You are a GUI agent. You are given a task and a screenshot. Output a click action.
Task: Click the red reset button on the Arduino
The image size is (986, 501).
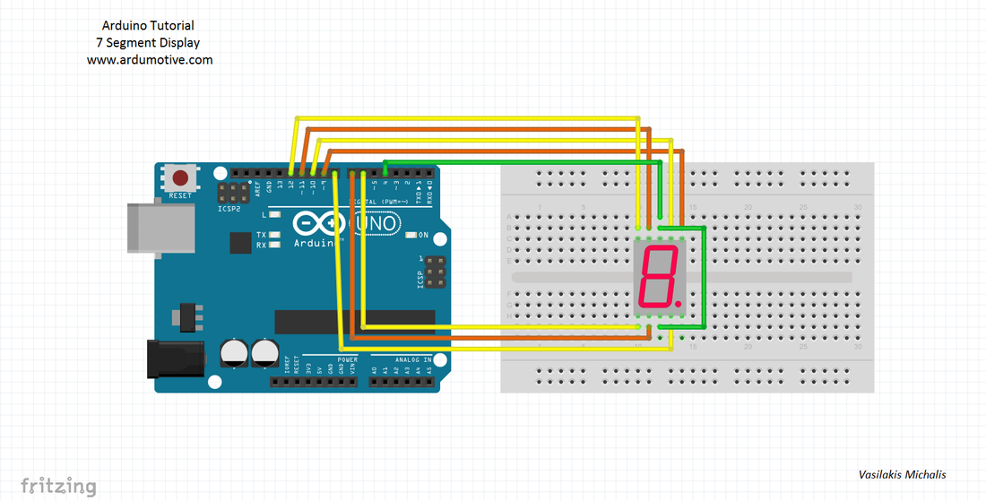pyautogui.click(x=181, y=177)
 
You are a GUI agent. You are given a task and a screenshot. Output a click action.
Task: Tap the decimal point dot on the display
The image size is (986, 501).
pyautogui.click(x=679, y=305)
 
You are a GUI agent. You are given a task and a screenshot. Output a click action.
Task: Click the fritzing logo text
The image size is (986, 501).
pyautogui.click(x=58, y=486)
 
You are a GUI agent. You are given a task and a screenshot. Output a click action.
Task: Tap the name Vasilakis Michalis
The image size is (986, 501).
pyautogui.click(x=902, y=475)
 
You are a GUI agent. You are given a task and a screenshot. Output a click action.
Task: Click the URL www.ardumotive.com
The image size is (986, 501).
pyautogui.click(x=150, y=60)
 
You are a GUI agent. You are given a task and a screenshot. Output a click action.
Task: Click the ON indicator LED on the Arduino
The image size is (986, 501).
pyautogui.click(x=411, y=235)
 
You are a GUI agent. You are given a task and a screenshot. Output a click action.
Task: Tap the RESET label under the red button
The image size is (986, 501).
pyautogui.click(x=180, y=195)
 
